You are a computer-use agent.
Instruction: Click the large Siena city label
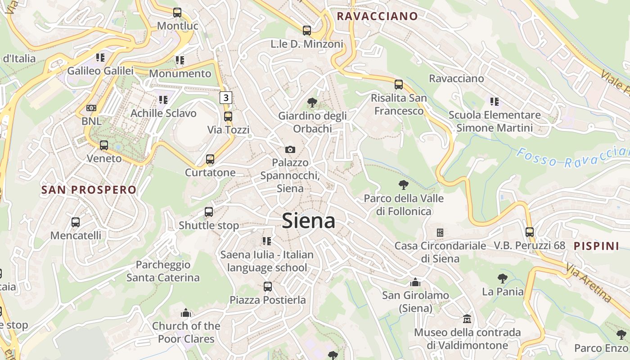(309, 221)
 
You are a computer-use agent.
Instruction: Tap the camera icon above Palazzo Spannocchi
(290, 149)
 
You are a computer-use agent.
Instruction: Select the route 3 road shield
(226, 97)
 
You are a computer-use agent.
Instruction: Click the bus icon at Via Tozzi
(228, 117)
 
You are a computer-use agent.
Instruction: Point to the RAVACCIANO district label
(377, 17)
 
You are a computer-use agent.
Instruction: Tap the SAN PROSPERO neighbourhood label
(89, 190)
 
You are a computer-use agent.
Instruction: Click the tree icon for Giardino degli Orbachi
(312, 103)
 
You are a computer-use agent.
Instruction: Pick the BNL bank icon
(91, 108)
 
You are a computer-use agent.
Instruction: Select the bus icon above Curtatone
(210, 159)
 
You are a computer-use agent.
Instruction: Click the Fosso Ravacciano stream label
(571, 158)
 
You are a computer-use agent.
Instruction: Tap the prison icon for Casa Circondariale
(440, 233)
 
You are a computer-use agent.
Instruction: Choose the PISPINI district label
(597, 246)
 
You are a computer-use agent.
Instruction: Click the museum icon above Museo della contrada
(467, 319)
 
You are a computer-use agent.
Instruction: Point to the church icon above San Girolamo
(415, 283)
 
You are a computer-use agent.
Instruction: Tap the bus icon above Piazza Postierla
(268, 287)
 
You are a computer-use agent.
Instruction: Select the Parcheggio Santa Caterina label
(163, 271)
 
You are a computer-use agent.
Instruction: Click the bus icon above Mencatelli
(76, 222)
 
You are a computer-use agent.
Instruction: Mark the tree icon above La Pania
(503, 279)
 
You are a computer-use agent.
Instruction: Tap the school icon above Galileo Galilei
(100, 58)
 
